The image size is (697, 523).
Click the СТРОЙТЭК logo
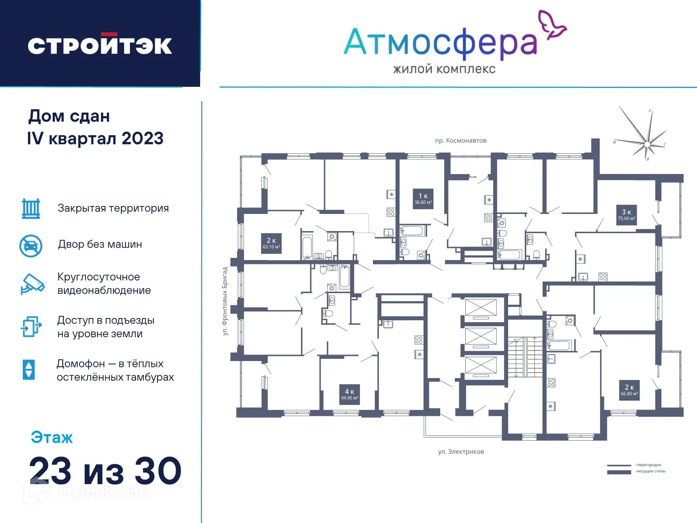[x=100, y=45]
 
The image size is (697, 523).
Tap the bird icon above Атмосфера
[x=552, y=24]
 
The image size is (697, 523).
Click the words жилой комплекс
[x=444, y=69]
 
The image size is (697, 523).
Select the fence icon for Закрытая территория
[x=31, y=208]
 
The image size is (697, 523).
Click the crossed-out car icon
[x=31, y=246]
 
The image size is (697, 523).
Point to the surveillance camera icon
[x=32, y=284]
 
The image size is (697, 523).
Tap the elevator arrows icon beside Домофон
[x=29, y=370]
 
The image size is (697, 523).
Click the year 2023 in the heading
[x=142, y=138]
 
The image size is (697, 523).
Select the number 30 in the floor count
[x=158, y=471]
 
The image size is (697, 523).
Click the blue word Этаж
[x=52, y=437]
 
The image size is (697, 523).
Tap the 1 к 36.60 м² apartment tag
[x=423, y=199]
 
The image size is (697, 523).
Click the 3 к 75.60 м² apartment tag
[x=626, y=215]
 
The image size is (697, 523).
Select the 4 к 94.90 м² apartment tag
[x=349, y=394]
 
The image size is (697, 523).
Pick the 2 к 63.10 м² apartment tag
[x=271, y=243]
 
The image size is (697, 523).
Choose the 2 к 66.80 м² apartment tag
[x=629, y=390]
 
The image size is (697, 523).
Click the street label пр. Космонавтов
[x=461, y=141]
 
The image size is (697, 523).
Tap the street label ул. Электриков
[x=461, y=452]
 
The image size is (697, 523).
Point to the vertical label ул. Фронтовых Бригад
[x=225, y=301]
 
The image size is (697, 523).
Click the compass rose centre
[x=647, y=145]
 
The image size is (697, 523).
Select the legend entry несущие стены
[x=651, y=471]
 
